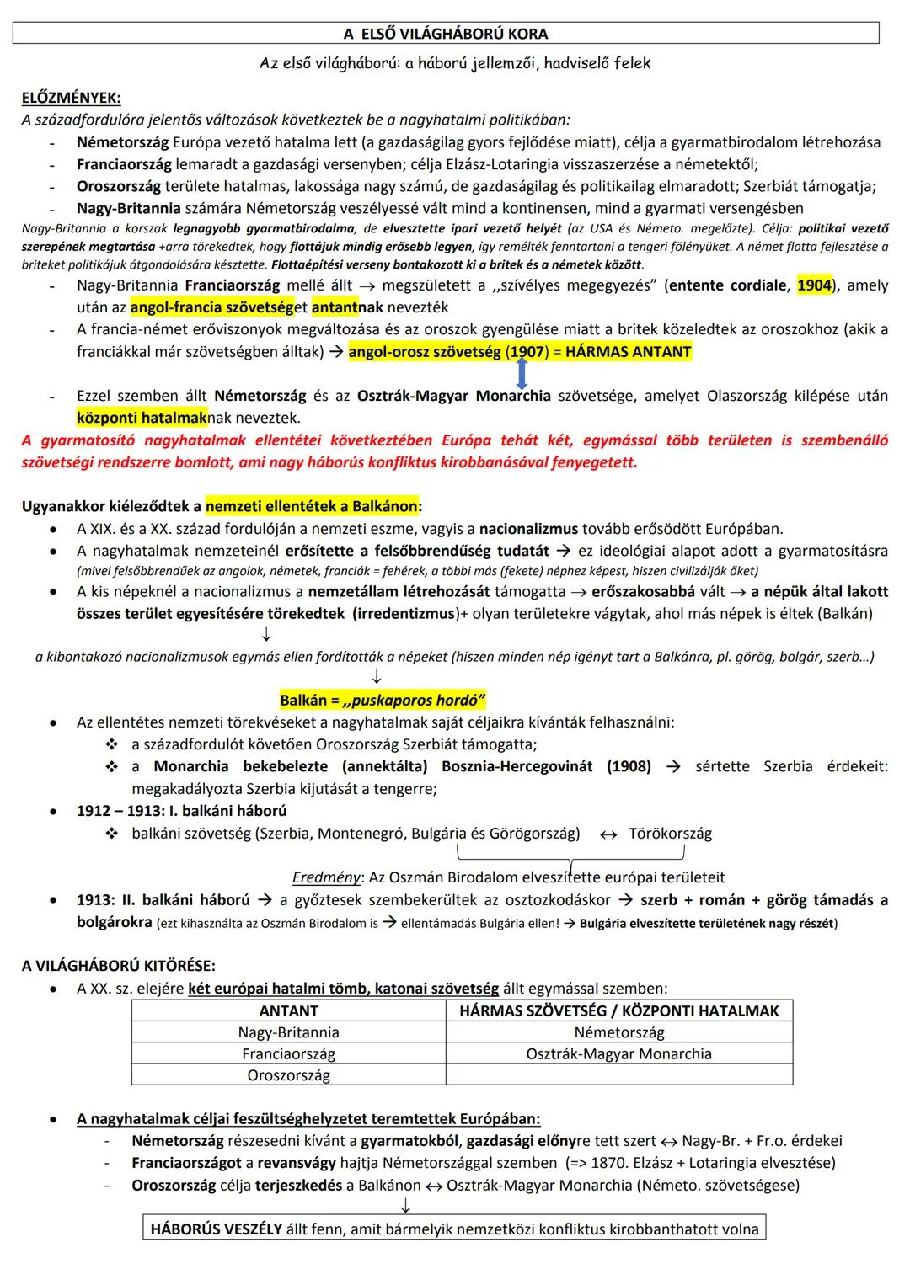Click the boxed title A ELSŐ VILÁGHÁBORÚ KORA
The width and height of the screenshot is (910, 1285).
446,34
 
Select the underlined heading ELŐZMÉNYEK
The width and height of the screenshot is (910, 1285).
71,98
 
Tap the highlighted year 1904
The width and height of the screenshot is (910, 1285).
814,285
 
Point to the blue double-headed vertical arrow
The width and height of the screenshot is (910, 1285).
521,372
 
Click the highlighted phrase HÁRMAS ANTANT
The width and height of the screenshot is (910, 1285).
628,352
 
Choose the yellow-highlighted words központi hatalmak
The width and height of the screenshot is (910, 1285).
142,418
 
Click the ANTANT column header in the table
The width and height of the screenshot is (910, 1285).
288,1010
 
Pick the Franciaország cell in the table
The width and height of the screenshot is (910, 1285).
288,1053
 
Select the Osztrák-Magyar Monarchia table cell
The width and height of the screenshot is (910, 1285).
618,1053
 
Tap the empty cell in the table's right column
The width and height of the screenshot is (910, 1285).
618,1075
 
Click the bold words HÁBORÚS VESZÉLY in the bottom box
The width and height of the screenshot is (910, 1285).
216,1229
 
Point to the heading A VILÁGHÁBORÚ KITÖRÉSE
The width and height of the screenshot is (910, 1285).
118,965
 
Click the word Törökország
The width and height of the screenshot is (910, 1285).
670,834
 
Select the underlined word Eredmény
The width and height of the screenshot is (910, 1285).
326,877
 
